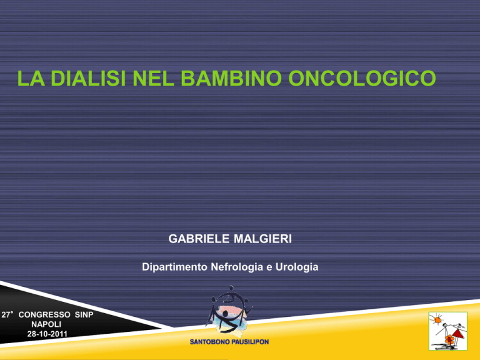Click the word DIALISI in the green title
88,78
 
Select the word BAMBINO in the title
231,78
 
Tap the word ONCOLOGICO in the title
362,78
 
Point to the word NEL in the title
153,78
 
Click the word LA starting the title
31,78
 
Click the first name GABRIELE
199,239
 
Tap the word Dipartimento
175,267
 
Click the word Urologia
297,267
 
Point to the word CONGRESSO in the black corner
44,315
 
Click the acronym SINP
84,315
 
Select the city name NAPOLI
46,324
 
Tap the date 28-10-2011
47,334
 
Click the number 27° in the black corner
7,315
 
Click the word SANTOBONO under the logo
209,342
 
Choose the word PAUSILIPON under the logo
249,342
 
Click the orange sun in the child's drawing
437,320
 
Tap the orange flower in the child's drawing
449,339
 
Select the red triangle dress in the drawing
459,334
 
